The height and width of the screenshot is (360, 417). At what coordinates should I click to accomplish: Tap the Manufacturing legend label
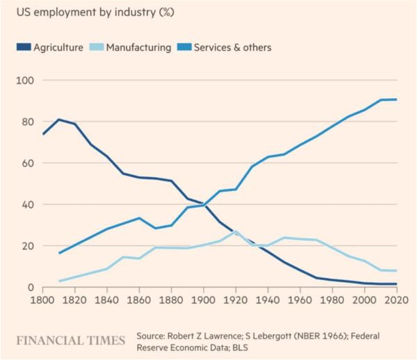(x=139, y=47)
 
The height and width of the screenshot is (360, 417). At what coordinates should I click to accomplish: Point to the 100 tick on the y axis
(x=24, y=81)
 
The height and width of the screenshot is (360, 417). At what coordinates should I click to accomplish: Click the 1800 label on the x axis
(x=43, y=301)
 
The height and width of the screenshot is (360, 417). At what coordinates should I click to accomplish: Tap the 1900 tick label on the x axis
(x=204, y=301)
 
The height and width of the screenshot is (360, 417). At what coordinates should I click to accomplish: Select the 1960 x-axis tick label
(x=300, y=301)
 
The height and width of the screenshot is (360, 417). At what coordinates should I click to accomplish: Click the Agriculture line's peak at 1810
(x=59, y=120)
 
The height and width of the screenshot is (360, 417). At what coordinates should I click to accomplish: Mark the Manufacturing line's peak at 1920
(x=236, y=231)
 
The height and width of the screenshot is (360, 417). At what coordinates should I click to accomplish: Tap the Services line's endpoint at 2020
(x=396, y=99)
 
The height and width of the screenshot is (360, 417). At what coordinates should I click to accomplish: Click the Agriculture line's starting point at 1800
(x=43, y=134)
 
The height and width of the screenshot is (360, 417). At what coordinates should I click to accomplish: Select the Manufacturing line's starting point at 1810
(x=59, y=281)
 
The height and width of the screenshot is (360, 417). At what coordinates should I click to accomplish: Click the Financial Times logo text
(x=71, y=341)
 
